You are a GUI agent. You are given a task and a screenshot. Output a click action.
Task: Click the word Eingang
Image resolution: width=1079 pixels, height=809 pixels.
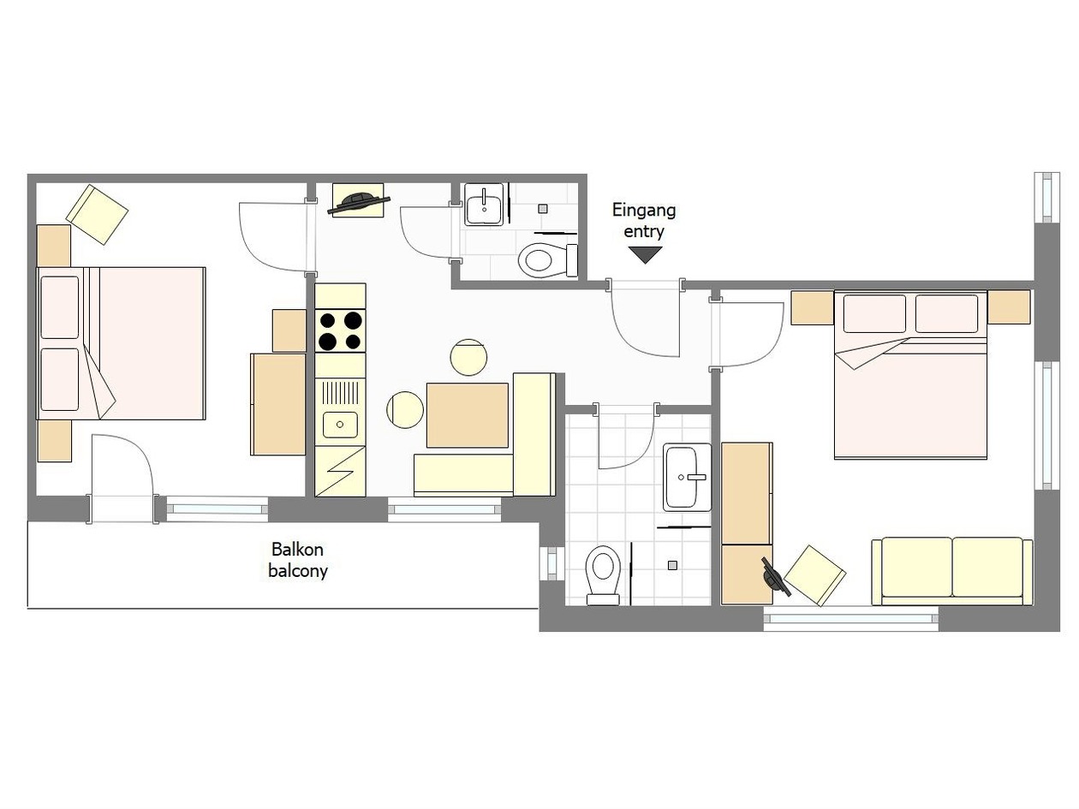643,211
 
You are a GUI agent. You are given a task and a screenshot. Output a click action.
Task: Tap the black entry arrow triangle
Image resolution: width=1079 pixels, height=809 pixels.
645,255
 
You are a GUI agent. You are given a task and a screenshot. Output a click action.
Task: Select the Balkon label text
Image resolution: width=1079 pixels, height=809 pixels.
297,549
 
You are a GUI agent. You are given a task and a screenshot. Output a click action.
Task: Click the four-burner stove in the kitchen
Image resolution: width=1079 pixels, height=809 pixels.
340,330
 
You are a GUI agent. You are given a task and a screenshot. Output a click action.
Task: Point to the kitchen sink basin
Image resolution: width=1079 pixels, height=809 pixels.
340,425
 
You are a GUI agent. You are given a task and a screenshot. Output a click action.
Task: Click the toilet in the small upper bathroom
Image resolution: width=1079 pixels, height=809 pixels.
548,260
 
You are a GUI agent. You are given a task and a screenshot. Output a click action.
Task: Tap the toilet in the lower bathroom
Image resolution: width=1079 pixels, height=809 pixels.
603,574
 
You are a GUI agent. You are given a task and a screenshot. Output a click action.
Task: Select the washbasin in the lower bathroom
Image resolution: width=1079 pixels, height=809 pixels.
687,477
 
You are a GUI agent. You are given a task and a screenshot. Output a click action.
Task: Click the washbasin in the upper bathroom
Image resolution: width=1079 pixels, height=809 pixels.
483,205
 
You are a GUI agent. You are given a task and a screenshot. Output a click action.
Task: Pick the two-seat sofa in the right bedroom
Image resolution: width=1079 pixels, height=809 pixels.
952,571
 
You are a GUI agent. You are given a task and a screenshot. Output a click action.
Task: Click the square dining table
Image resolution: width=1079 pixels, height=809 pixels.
467,415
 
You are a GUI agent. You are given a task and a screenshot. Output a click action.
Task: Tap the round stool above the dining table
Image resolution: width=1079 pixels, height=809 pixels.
468,357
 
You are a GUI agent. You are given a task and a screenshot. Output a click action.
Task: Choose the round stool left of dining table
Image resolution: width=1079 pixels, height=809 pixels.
405,409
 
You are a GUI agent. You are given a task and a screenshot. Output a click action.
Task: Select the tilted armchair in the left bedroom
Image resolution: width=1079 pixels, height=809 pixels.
98,214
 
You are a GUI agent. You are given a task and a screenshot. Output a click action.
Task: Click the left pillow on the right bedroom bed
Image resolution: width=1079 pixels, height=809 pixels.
874,314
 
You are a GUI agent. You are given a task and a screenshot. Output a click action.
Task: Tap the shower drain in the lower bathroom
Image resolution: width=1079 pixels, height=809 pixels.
672,565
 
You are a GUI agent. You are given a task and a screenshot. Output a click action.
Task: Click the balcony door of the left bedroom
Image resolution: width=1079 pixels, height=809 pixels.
122,479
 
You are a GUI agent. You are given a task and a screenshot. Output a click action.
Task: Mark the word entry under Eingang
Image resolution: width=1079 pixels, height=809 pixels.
644,231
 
